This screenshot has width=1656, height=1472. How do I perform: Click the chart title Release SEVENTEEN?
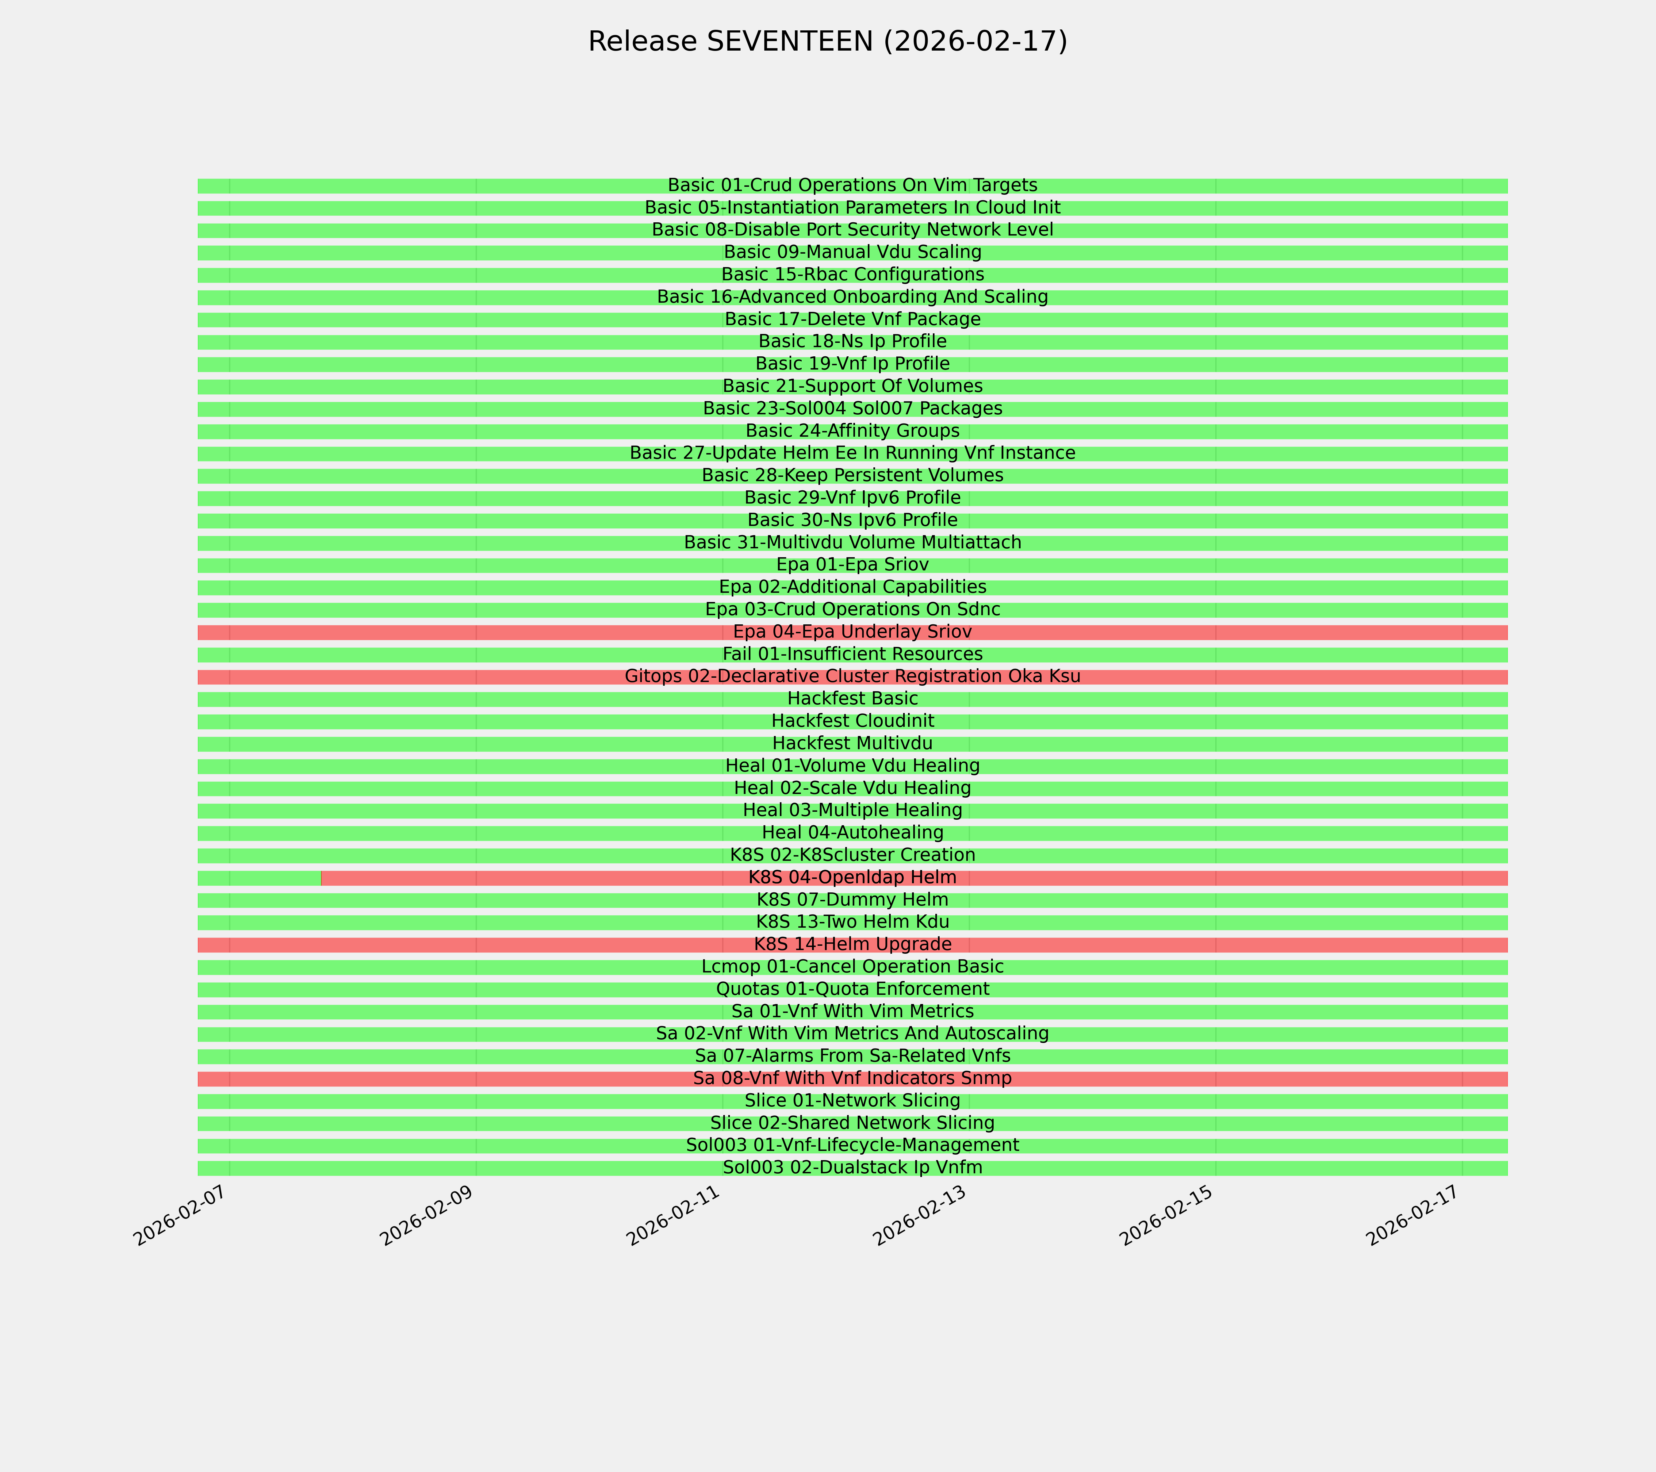(827, 41)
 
